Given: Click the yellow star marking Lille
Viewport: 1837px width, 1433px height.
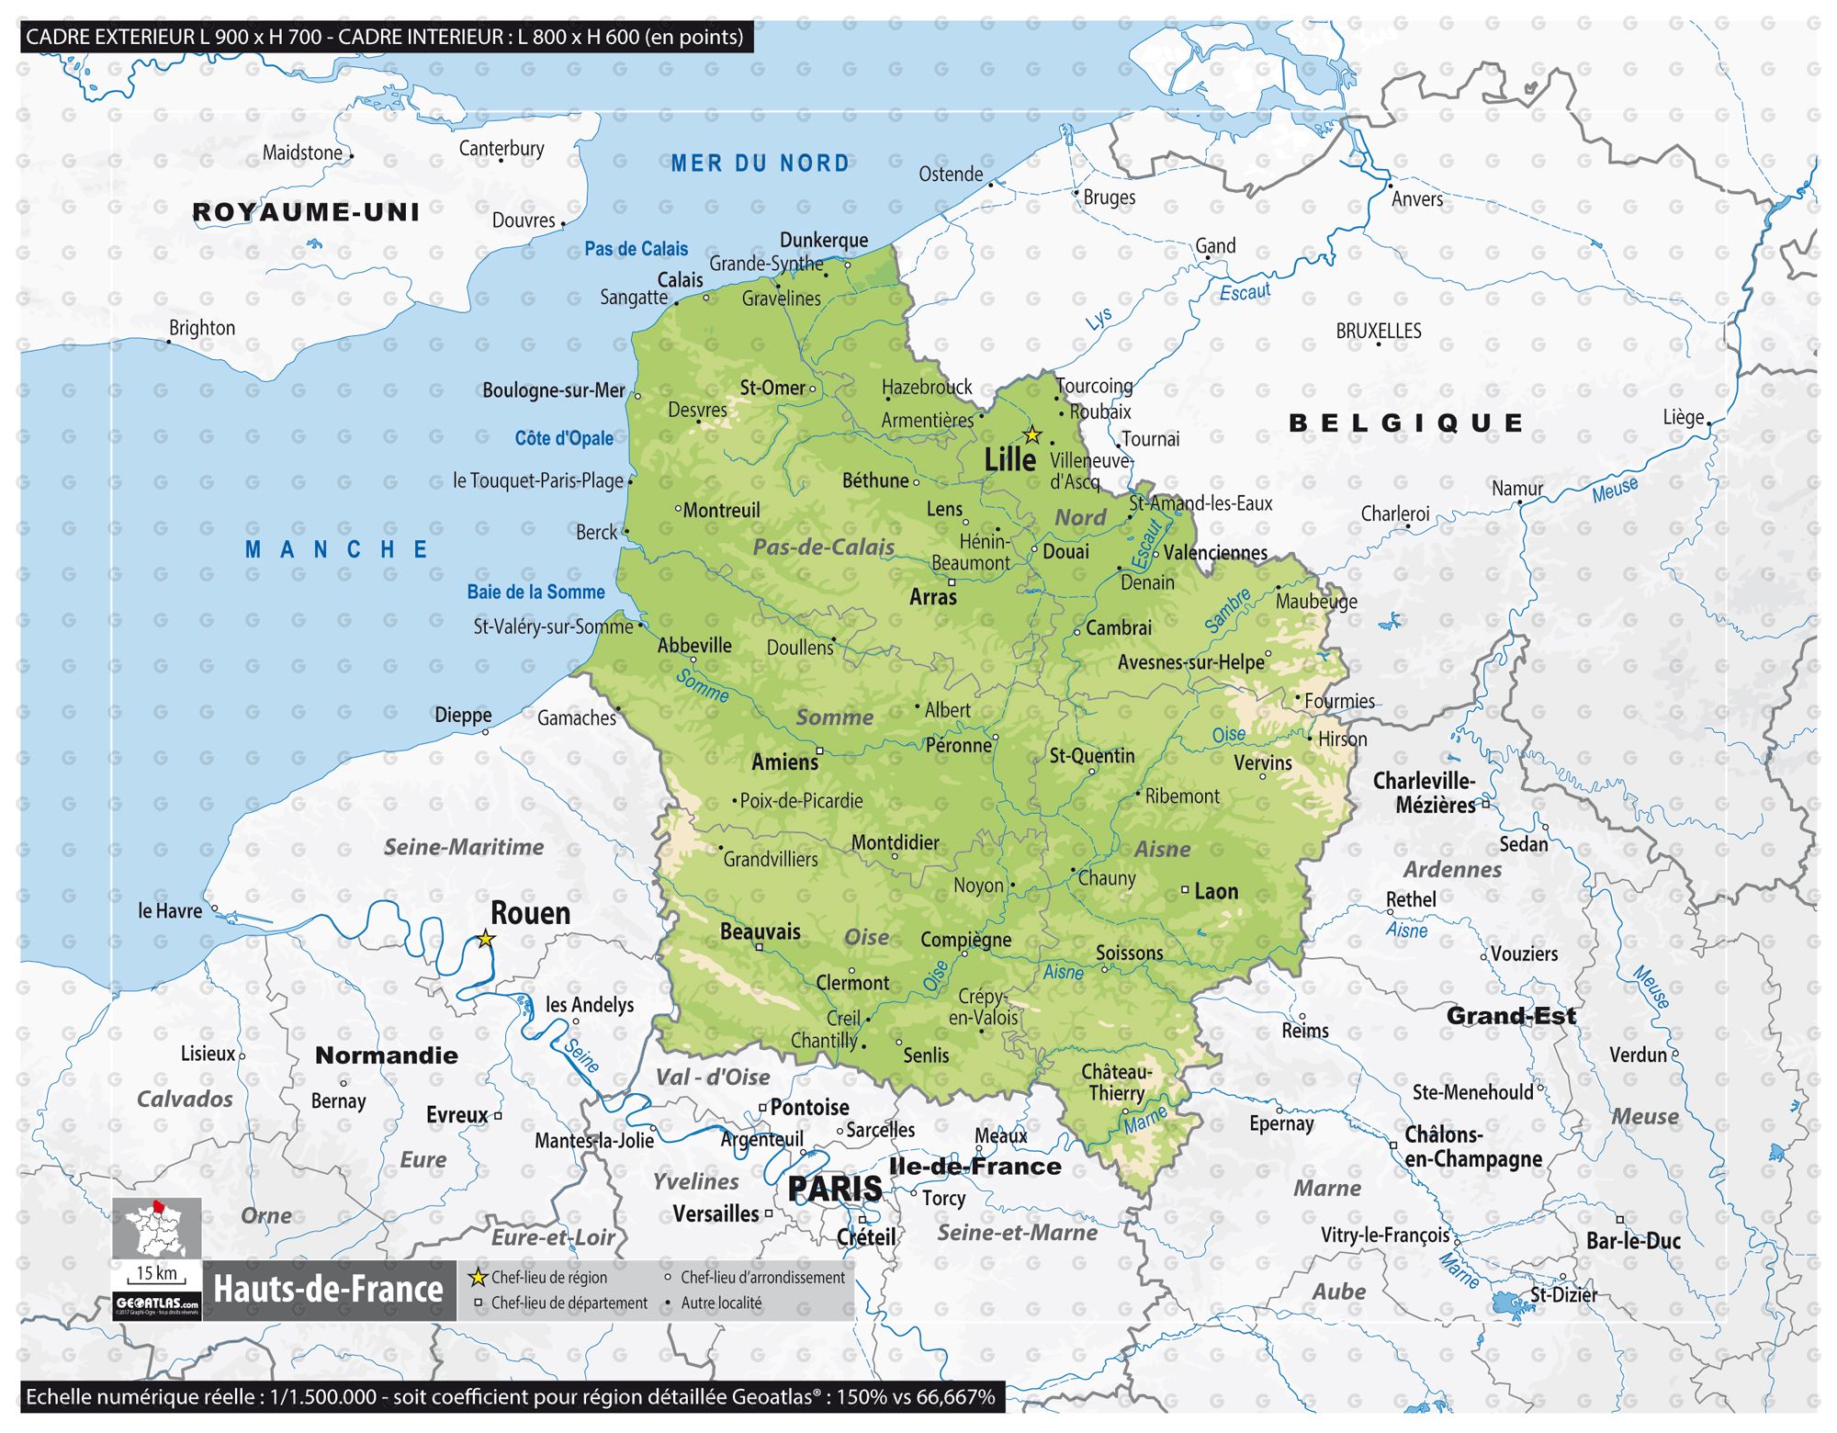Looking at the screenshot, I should pos(1032,434).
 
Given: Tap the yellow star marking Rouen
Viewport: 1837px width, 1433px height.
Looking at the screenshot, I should pos(486,939).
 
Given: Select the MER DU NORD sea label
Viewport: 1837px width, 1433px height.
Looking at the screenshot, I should pos(760,164).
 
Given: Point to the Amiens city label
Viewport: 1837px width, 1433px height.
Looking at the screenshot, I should pos(784,762).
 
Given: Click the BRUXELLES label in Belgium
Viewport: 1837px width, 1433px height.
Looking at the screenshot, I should pos(1378,331).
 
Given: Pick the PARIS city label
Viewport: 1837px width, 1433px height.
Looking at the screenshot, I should pos(834,1189).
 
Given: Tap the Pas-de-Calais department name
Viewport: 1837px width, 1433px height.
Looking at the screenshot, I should pos(823,547).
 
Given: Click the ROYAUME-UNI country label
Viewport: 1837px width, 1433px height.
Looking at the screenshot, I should pos(306,212).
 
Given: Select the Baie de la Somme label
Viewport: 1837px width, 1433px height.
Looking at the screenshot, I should pos(535,592).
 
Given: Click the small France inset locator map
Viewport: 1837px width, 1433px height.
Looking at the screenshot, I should pos(157,1228).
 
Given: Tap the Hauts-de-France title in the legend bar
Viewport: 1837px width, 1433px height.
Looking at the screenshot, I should pos(328,1290).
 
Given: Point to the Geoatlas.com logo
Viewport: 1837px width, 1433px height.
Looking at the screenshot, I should pos(157,1303).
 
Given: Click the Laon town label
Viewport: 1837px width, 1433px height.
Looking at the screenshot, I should pos(1215,892).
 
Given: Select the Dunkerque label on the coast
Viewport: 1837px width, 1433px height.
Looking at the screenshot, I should pos(823,240).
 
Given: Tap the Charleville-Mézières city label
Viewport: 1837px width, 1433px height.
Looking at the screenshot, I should pos(1424,793).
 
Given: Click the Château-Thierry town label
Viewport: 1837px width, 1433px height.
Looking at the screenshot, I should pos(1116,1082).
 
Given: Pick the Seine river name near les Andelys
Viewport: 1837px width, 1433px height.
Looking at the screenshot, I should pos(581,1055).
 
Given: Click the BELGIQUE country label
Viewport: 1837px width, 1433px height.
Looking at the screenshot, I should pos(1406,423).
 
